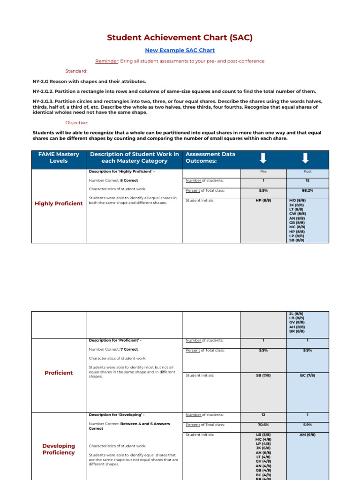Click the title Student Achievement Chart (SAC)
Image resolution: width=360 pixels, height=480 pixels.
tap(180, 37)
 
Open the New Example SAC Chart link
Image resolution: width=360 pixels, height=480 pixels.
tap(180, 50)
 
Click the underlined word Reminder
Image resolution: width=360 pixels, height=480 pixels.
tap(106, 61)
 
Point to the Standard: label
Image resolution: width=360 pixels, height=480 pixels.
tap(76, 71)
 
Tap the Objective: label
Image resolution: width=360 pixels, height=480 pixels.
tap(76, 122)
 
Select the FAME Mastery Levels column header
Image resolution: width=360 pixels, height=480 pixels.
tap(59, 157)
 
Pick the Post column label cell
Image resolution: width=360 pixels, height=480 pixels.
tap(307, 172)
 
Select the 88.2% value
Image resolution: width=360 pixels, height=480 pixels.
tap(307, 191)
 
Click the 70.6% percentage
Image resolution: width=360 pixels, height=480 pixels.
tap(263, 425)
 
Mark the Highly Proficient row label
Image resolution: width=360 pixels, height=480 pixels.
tap(59, 203)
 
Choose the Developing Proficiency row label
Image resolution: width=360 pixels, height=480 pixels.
tap(59, 449)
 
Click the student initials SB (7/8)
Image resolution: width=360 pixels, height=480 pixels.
tap(263, 375)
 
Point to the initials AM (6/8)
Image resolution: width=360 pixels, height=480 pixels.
tap(307, 435)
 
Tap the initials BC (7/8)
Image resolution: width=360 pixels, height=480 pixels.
tap(307, 375)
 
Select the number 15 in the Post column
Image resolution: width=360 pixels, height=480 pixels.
tap(307, 180)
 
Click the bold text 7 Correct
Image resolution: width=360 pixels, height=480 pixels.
tap(130, 349)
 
